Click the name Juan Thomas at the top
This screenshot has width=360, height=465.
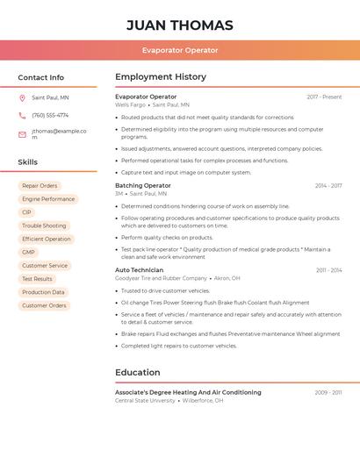click(x=179, y=25)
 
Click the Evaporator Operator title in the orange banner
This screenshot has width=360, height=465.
click(x=179, y=50)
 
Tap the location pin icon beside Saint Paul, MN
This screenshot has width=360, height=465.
click(x=22, y=97)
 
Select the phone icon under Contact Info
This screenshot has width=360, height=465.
click(x=22, y=115)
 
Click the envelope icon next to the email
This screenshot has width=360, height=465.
click(x=22, y=134)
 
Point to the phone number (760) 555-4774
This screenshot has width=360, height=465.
click(x=50, y=115)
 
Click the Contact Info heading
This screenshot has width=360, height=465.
click(x=40, y=77)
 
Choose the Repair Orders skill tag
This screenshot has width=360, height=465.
click(x=40, y=186)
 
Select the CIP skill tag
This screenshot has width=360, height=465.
click(x=26, y=212)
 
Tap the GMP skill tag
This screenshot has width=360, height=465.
click(x=28, y=252)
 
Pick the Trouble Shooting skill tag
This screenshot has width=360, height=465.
click(x=44, y=225)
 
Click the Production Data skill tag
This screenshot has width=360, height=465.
click(x=43, y=292)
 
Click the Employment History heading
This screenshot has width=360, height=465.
click(x=161, y=77)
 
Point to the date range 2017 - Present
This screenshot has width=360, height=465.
click(x=324, y=97)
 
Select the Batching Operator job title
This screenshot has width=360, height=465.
click(x=143, y=186)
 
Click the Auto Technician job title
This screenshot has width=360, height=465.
click(x=139, y=270)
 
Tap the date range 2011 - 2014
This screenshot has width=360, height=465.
click(x=328, y=270)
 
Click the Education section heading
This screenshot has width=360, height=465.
click(x=137, y=373)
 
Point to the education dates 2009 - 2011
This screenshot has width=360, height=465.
click(x=328, y=392)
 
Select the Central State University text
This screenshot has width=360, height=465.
click(x=145, y=400)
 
